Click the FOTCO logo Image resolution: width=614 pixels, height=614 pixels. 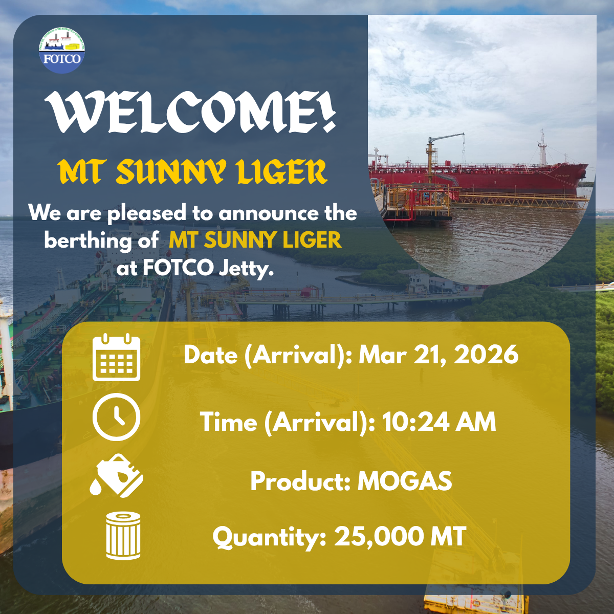pos(62,50)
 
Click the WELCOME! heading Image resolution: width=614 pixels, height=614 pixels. pos(190,112)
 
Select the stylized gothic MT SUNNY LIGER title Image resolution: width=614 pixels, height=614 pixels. pos(193,172)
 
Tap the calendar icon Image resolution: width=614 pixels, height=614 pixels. pos(116,357)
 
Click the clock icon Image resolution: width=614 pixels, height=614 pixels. pos(116,417)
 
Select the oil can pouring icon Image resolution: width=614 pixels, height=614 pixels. pos(117,475)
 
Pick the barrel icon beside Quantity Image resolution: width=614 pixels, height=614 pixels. pos(123,536)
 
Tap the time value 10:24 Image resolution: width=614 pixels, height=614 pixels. pos(416,422)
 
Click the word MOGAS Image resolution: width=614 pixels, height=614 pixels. pos(405,481)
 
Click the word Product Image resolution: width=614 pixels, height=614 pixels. pos(300,481)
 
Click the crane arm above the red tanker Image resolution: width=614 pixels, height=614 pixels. pos(446,137)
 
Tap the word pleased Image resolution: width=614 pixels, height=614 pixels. pos(146,213)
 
